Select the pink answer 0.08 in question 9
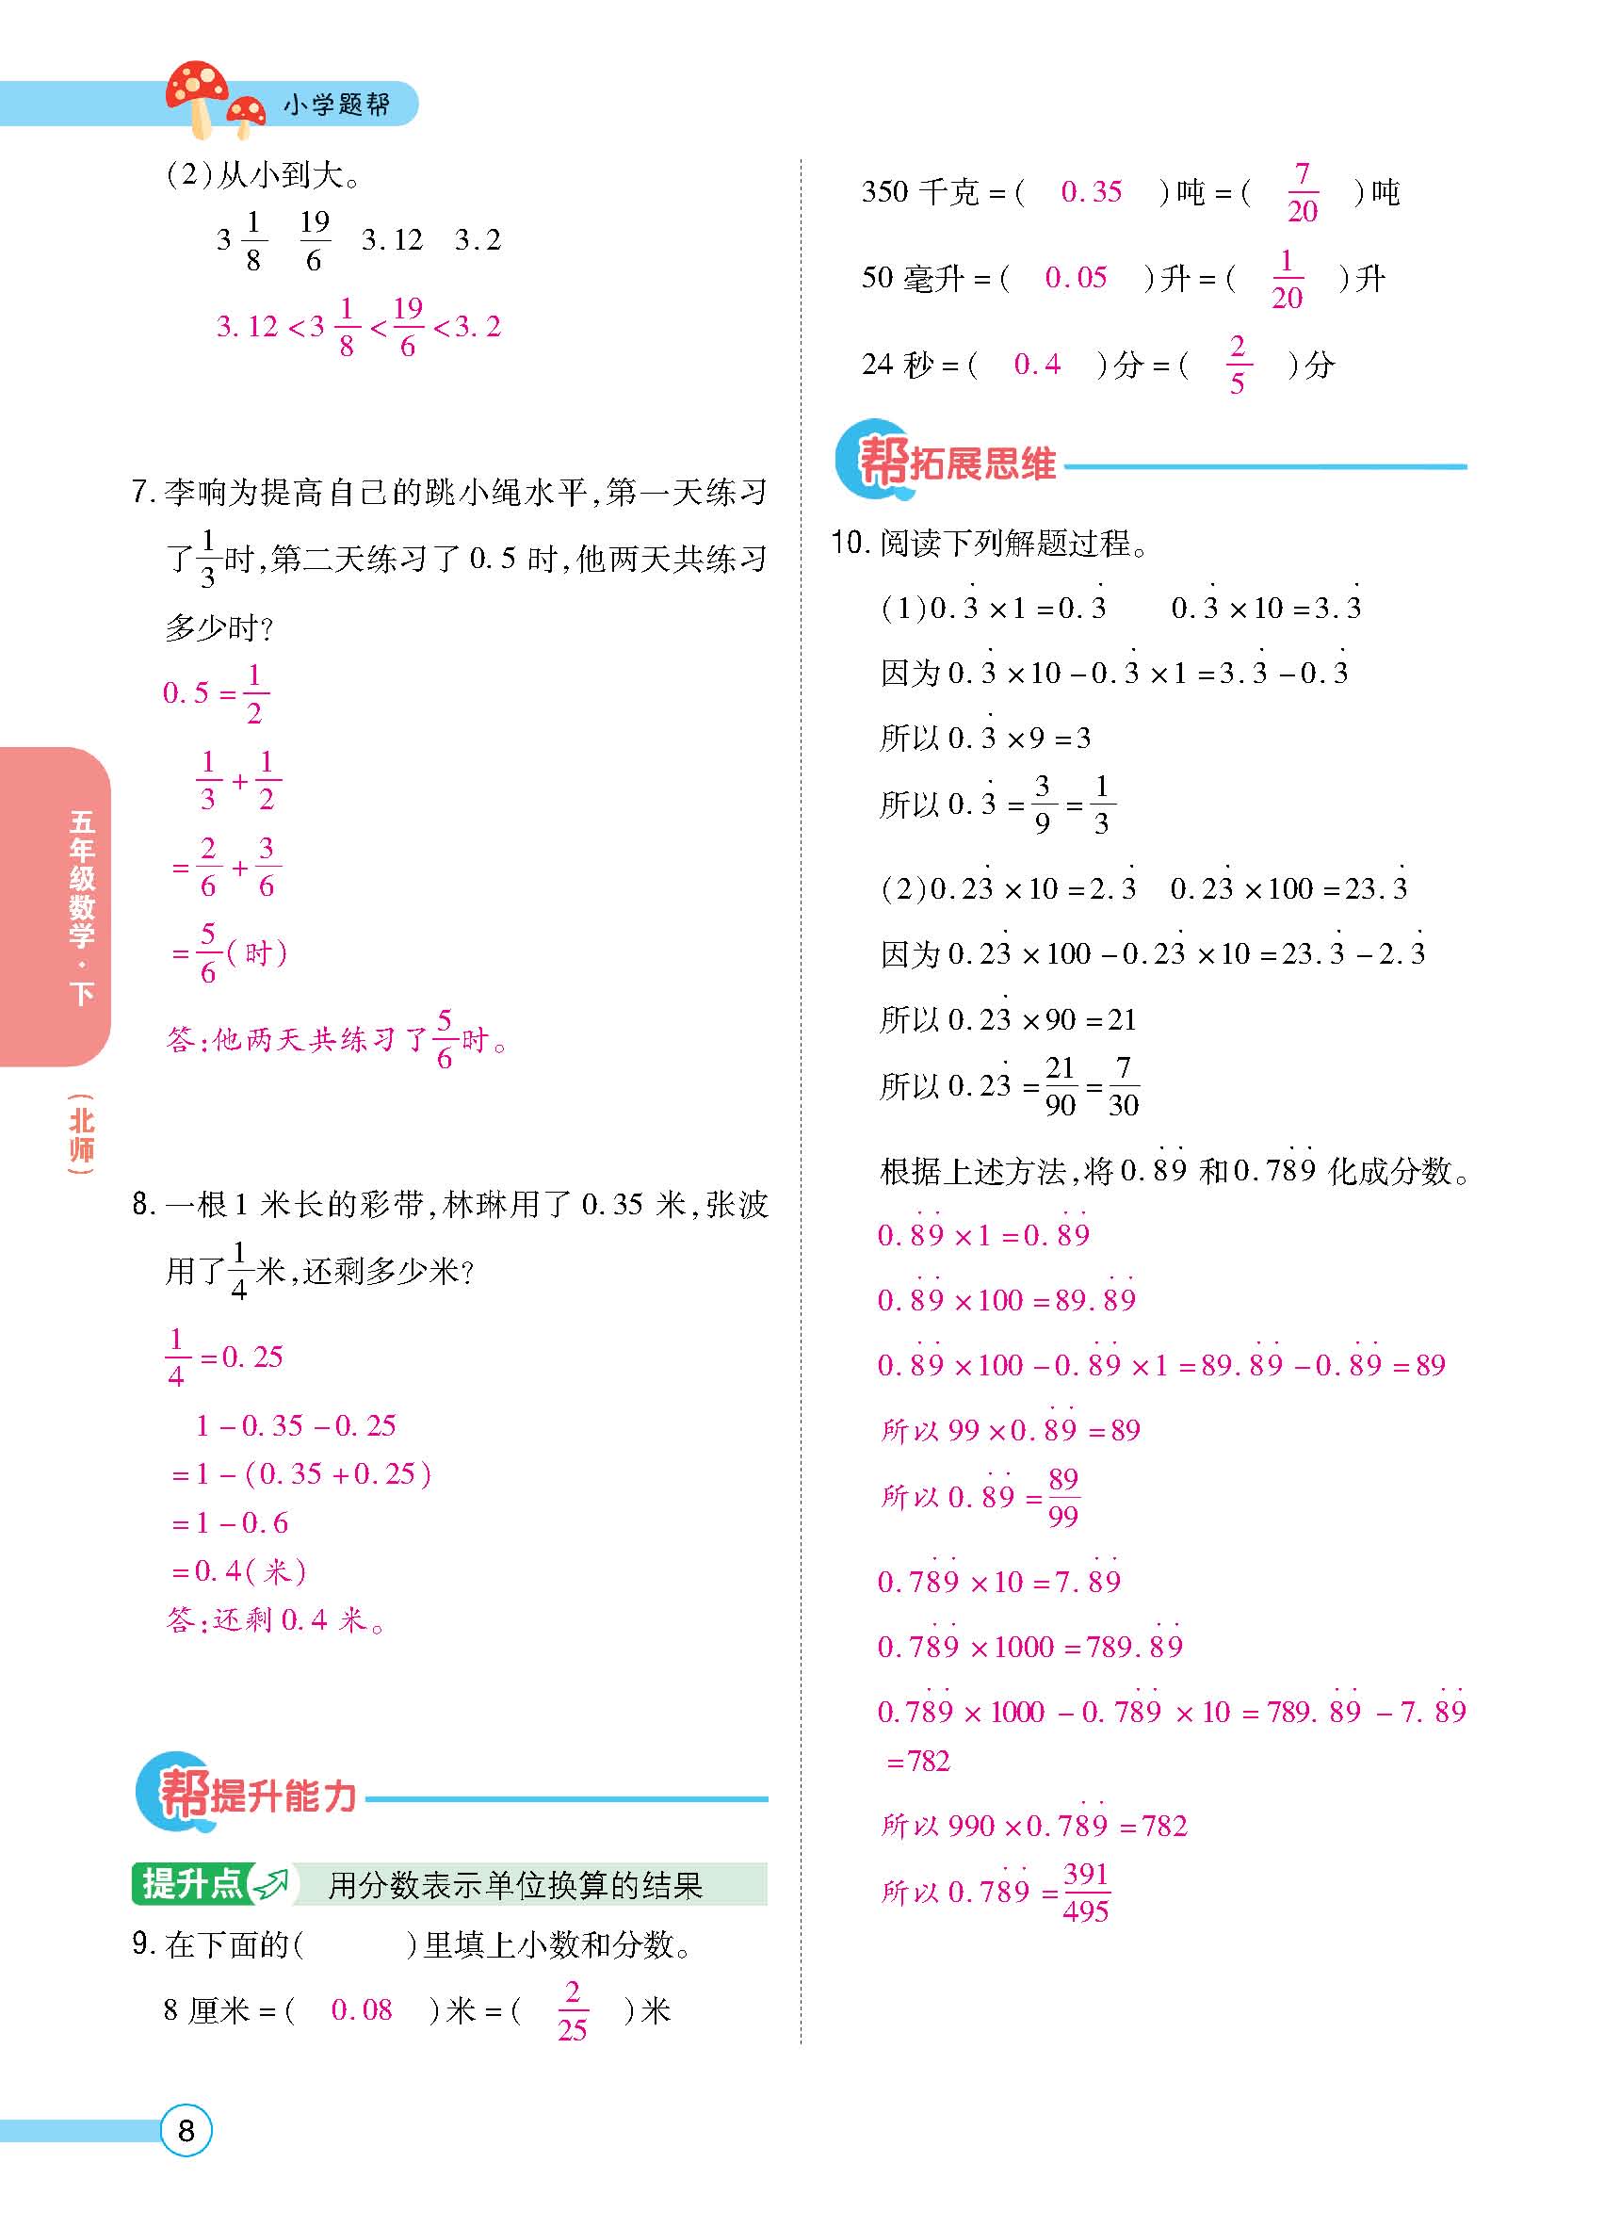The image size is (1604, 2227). (362, 2010)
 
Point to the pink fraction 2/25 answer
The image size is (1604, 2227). (573, 2011)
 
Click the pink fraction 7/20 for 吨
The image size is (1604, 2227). (1302, 192)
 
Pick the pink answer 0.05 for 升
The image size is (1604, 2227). (1076, 278)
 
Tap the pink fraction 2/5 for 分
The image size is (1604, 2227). (1237, 365)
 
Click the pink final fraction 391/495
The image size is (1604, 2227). (1086, 1893)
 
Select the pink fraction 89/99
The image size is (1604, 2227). (1063, 1498)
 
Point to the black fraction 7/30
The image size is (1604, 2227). (1123, 1086)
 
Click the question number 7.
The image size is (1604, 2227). (142, 492)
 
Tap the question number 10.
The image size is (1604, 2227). (847, 542)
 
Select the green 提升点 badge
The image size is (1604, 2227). (192, 1883)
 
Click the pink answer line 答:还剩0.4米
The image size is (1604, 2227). (276, 1619)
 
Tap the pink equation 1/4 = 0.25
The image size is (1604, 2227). (225, 1357)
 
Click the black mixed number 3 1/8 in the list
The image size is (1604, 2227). (241, 239)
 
